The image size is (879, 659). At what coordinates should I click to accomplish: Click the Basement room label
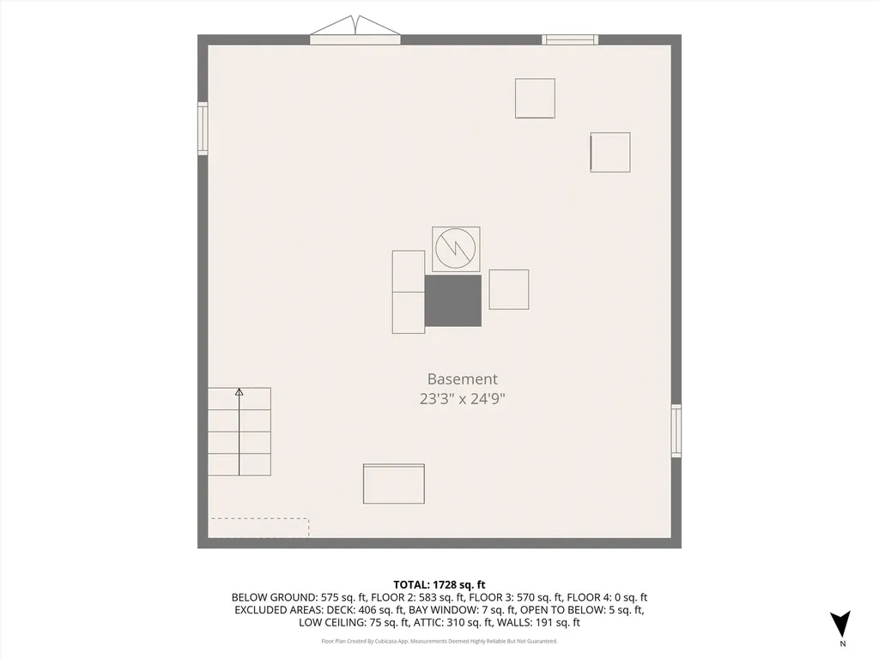pos(462,378)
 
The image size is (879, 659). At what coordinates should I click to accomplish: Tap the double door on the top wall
pos(355,35)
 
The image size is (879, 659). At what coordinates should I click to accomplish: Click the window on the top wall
pos(570,39)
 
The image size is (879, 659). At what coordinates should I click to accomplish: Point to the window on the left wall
pos(203,128)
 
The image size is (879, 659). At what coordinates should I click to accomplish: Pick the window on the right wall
pos(676,431)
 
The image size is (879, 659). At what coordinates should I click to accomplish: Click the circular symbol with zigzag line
pos(455,249)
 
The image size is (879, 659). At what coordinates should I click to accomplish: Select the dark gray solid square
pos(453,300)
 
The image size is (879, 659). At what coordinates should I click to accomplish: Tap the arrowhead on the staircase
pos(239,392)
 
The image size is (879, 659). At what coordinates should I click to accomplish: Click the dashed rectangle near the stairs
pos(259,528)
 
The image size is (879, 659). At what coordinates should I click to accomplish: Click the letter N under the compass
pos(842,644)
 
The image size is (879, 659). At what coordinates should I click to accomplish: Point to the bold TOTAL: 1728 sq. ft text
pos(439,584)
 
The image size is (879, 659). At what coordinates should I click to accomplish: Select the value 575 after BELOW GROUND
pos(331,597)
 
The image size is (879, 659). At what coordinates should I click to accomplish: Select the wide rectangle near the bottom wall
pos(393,484)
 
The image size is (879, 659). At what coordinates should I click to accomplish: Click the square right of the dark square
pos(509,289)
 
